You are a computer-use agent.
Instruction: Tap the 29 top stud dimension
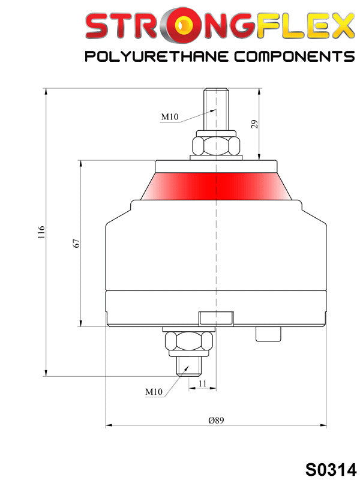254,124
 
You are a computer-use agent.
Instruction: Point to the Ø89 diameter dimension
216,421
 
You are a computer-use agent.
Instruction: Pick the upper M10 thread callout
169,116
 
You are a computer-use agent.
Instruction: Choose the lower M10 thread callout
154,391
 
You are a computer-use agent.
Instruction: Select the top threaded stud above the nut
216,108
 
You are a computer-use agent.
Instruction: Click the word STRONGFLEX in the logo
219,27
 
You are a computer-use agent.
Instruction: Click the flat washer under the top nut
216,158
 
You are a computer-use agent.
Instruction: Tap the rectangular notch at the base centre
216,317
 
